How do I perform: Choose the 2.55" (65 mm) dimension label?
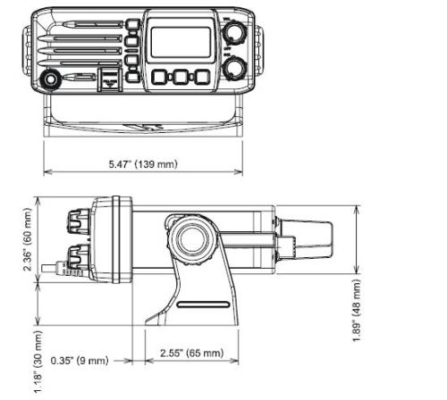[x=190, y=353]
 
